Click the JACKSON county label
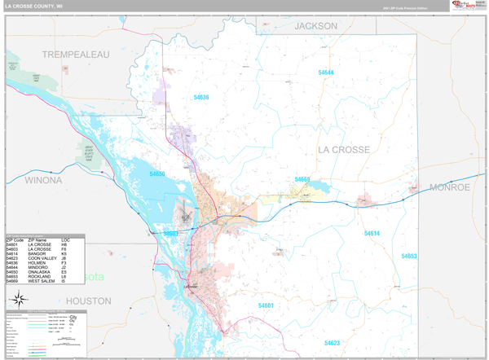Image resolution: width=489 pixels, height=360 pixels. [x=315, y=26]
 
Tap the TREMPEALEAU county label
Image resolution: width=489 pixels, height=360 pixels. [x=75, y=54]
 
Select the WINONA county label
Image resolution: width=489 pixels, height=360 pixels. [x=43, y=179]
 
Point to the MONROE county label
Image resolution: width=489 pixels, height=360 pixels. [x=451, y=187]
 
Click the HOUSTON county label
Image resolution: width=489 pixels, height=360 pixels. [x=88, y=301]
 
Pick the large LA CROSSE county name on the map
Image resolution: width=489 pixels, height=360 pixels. [x=343, y=150]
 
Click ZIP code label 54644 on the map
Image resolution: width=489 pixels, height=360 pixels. [x=326, y=72]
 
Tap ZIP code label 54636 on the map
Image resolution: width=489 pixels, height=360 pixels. [x=201, y=98]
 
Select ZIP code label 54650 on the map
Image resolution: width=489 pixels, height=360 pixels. [x=157, y=173]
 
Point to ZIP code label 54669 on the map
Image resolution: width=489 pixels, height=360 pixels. [x=302, y=179]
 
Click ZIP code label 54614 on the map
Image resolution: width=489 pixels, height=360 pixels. [x=372, y=234]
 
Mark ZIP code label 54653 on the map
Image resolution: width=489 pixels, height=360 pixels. [x=409, y=256]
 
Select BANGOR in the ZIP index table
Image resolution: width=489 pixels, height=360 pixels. [x=37, y=253]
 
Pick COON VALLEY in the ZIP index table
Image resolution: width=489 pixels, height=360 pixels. [x=42, y=258]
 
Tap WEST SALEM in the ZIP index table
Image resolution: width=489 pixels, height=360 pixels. [x=41, y=281]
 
